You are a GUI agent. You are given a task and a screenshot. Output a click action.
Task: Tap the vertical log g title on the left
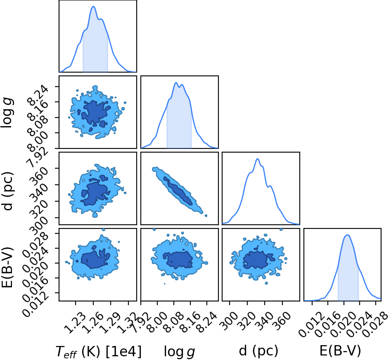[x=7, y=113]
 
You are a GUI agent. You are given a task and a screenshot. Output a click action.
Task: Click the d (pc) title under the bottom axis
[x=258, y=351]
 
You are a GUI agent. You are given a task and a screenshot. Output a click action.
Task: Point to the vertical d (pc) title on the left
[x=7, y=191]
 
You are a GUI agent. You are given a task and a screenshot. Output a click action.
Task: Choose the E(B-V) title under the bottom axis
[x=340, y=351]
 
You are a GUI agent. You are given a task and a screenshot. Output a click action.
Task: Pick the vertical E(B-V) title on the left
[x=7, y=267]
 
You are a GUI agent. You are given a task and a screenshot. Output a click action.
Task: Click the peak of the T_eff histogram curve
[x=93, y=7]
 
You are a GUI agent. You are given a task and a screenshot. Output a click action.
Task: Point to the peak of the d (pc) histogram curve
[x=258, y=159]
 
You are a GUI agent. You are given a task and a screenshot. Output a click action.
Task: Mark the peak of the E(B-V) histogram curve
[x=347, y=235]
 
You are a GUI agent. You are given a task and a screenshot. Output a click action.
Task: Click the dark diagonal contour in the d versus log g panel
[x=178, y=191]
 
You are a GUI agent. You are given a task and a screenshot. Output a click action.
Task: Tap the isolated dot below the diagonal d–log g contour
[x=206, y=216]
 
